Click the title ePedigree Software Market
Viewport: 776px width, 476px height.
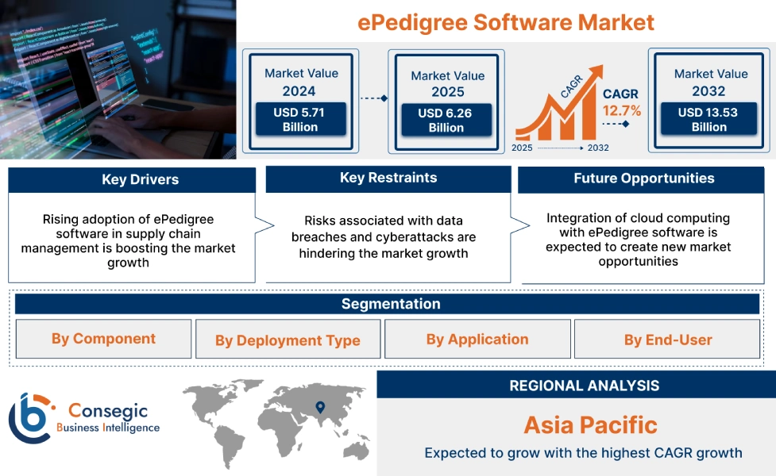[x=506, y=21]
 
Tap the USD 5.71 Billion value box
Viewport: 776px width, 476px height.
[x=299, y=120]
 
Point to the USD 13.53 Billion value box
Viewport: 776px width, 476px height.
[x=708, y=119]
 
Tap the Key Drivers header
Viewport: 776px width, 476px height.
[x=132, y=180]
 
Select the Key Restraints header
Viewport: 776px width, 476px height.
[x=388, y=178]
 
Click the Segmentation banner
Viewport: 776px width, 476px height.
[x=390, y=304]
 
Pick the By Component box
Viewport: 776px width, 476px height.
[x=103, y=339]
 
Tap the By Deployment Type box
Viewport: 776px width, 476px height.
[x=288, y=340]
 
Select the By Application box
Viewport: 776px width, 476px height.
[x=477, y=340]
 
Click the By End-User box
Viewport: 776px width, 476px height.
[x=667, y=340]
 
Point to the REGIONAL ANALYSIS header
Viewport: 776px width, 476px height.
[x=584, y=386]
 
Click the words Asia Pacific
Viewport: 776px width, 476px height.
[x=590, y=425]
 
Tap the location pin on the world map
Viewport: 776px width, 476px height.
[x=320, y=408]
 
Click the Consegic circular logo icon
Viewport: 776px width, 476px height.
[x=29, y=417]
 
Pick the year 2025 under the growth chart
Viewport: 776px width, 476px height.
[x=523, y=148]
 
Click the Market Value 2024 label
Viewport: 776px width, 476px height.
[x=301, y=82]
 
